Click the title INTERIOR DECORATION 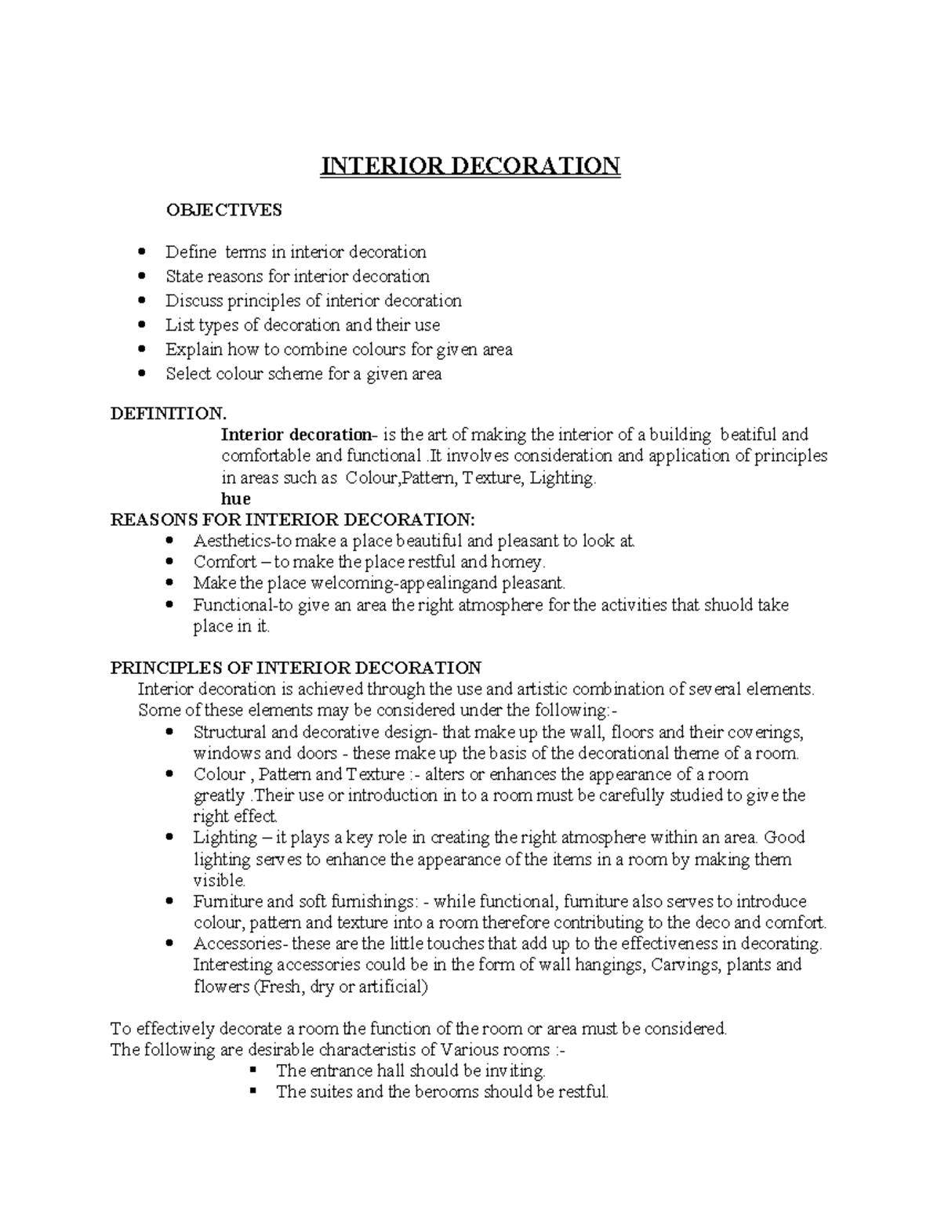click(x=470, y=166)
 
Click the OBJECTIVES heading click(x=223, y=210)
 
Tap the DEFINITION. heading click(x=168, y=412)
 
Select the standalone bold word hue click(x=236, y=499)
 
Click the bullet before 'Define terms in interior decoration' click(x=142, y=252)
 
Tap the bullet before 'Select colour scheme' click(x=142, y=374)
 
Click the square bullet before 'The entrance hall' click(x=253, y=1070)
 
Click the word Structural click(x=229, y=733)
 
